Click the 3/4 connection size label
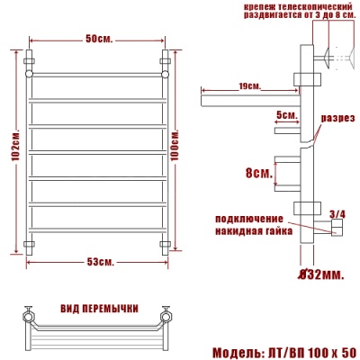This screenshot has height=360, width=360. [x=337, y=213]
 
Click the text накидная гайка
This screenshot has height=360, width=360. [x=253, y=229]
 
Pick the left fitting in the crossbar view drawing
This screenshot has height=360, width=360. [x=28, y=316]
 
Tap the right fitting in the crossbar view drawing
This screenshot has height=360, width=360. [x=166, y=316]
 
